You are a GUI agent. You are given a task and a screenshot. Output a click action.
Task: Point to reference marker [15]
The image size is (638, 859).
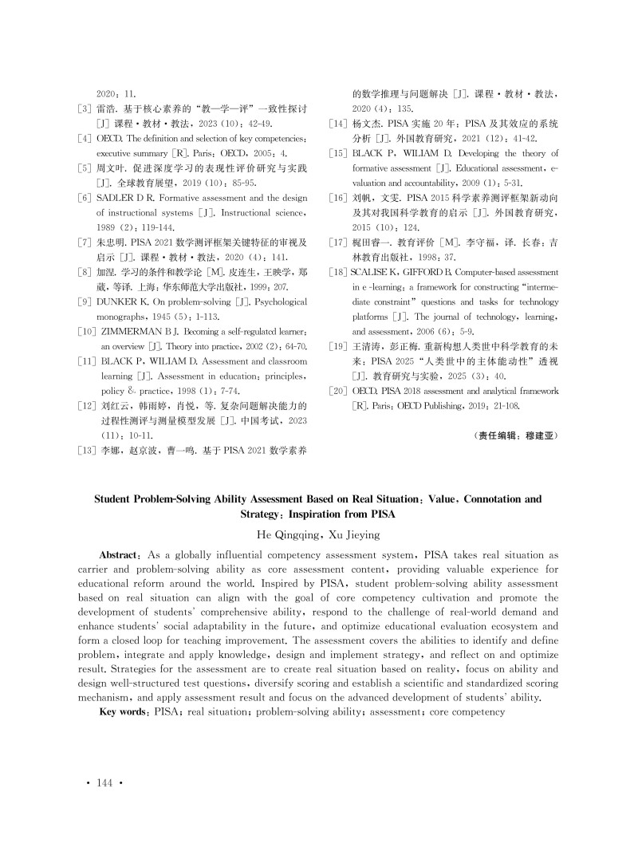click(x=338, y=153)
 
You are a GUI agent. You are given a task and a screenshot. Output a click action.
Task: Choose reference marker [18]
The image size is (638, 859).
click(x=338, y=272)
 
